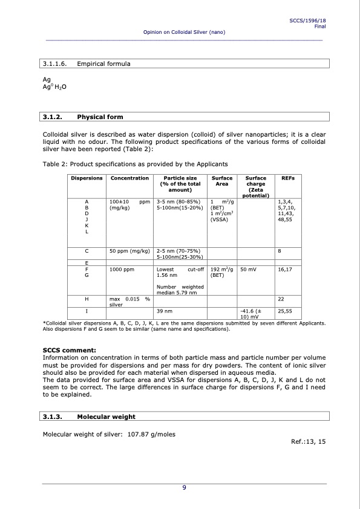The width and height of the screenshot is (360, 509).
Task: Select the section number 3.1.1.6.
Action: pos(54,63)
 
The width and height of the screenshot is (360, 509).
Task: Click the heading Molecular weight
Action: pos(106,417)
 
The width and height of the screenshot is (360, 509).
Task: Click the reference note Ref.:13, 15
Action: pos(309,442)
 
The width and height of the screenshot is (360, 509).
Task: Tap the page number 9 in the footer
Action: pos(184,488)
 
